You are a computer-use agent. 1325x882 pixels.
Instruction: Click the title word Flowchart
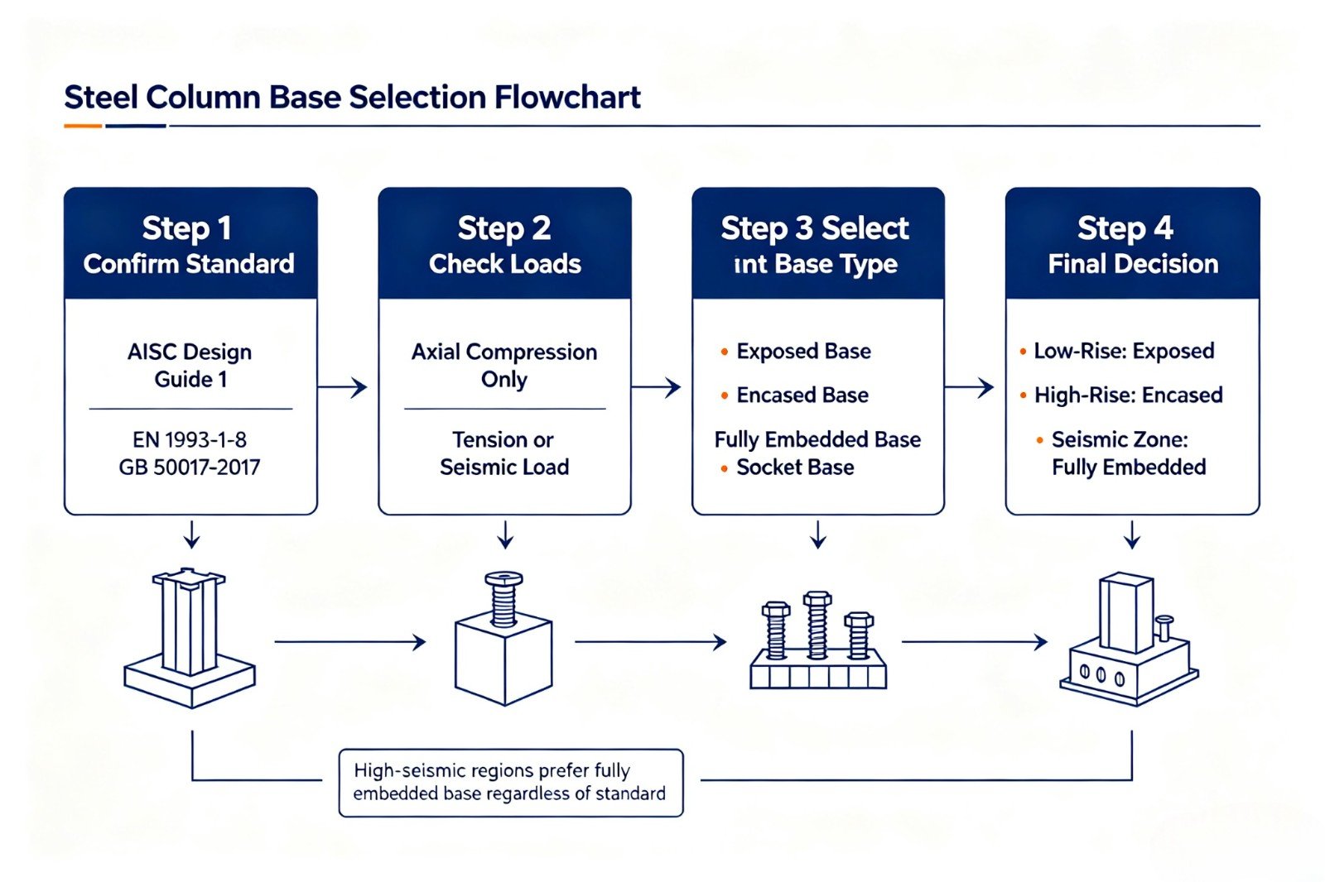568,98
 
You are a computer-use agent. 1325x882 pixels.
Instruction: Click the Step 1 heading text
187,229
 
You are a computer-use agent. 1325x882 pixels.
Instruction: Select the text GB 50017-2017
190,467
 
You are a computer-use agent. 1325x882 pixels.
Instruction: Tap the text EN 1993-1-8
190,440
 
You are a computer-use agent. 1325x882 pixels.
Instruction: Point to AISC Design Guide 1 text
190,366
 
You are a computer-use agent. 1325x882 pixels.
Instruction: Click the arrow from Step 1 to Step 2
343,387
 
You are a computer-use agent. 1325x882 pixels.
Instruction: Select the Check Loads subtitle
504,264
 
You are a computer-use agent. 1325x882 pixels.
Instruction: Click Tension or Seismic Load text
504,453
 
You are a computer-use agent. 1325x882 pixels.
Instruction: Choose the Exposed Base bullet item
796,352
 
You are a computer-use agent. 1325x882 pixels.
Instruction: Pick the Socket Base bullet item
788,467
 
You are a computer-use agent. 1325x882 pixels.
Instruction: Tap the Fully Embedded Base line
817,440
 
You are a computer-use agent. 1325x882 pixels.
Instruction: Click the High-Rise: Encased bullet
1121,395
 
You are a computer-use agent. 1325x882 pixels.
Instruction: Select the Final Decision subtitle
1133,264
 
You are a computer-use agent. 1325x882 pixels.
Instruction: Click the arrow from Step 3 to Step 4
970,387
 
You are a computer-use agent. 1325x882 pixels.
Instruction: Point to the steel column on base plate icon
190,638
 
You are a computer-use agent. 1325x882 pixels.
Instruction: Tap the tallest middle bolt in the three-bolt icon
817,625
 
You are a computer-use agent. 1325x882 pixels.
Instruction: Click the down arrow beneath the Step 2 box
504,535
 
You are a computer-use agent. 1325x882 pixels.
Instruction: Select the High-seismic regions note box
511,784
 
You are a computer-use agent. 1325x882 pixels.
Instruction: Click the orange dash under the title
83,126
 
